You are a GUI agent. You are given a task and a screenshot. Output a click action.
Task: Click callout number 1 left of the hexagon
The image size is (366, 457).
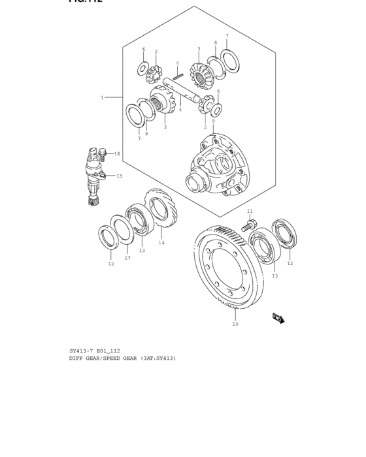102,97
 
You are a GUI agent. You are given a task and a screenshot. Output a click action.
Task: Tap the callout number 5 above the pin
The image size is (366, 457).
177,64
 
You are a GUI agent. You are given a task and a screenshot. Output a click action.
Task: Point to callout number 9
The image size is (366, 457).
212,121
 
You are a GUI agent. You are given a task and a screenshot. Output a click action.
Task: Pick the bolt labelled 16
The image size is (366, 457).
102,155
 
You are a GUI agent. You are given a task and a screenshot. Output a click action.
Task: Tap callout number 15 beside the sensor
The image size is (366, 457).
119,176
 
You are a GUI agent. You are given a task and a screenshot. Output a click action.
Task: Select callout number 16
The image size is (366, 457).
117,154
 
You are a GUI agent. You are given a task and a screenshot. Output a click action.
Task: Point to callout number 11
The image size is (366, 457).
250,212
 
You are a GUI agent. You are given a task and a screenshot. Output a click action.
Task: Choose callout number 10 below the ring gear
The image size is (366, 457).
235,324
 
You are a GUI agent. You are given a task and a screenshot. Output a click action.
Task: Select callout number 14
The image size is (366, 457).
161,243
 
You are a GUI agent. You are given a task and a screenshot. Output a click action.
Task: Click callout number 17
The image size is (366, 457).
128,258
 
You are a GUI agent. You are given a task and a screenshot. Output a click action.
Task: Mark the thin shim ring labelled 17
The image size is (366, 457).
122,231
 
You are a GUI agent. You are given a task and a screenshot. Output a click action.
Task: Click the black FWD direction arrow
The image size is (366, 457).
278,318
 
